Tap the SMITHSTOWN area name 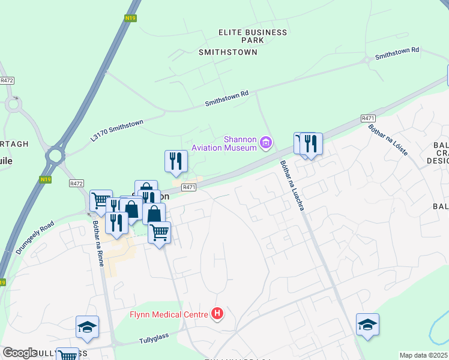tap(228, 52)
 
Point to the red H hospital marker tap(217, 314)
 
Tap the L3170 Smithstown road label tap(117, 130)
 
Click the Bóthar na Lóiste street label tap(390, 136)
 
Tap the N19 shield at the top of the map tap(131, 18)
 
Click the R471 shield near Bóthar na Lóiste tap(368, 119)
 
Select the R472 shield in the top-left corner tap(7, 80)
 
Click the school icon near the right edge tap(367, 325)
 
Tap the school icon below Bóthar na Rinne tap(88, 327)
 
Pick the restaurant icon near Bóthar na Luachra tap(310, 144)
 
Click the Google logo tap(20, 353)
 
